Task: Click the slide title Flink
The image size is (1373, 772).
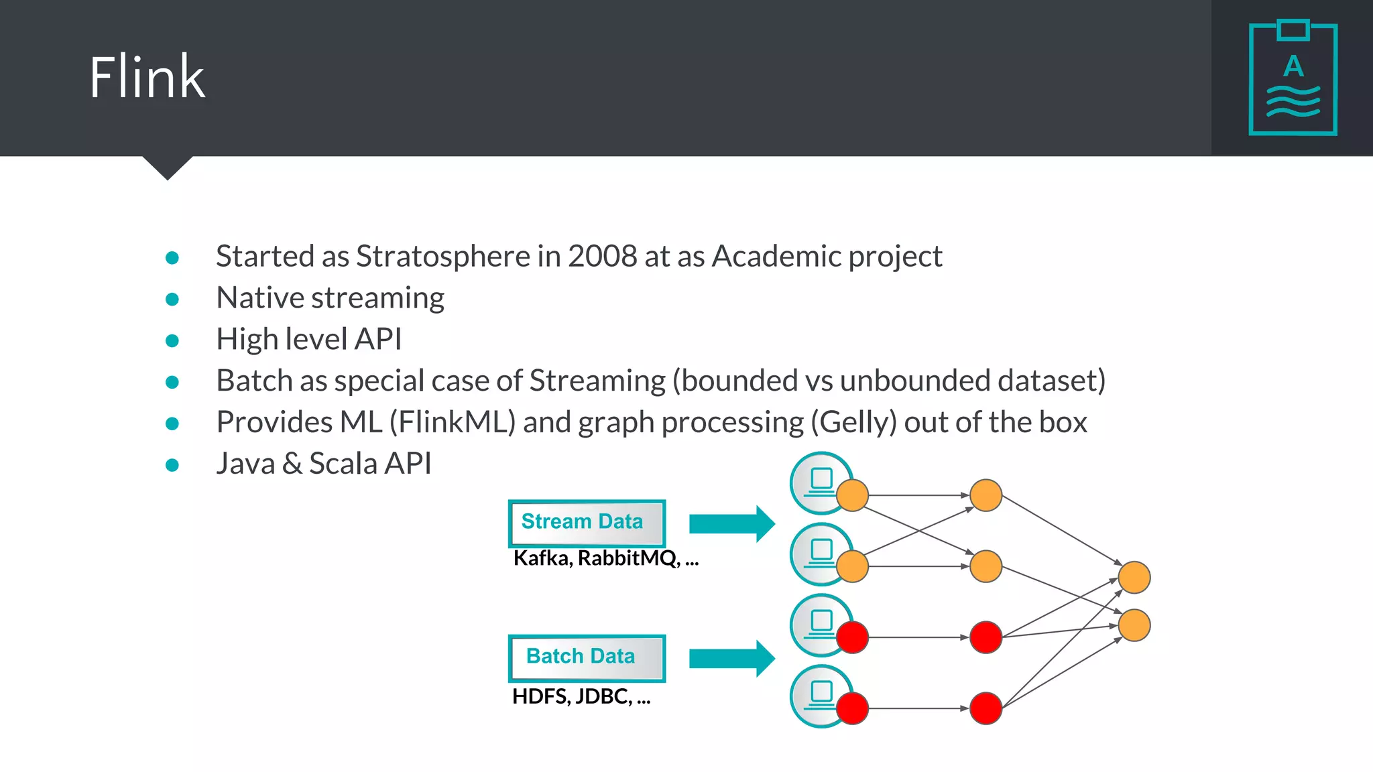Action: pos(147,78)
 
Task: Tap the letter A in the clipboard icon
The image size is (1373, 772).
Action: pos(1293,67)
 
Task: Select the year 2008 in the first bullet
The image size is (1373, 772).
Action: pos(602,257)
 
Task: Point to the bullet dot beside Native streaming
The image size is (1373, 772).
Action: pos(172,300)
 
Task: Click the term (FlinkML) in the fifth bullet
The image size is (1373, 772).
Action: pos(453,423)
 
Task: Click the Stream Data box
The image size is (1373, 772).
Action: pos(587,523)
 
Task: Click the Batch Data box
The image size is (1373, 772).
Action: pos(587,657)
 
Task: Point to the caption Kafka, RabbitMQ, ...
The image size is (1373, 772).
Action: pos(605,558)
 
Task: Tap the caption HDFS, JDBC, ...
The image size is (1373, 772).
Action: pos(581,697)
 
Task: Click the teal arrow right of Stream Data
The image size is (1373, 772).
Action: pos(731,523)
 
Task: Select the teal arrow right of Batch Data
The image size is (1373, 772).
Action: pos(731,658)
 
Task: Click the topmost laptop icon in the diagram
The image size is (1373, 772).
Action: pos(820,480)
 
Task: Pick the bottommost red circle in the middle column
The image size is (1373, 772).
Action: pos(986,708)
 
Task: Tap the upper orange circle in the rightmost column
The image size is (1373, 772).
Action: pos(1134,578)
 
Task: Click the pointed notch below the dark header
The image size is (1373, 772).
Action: pos(168,168)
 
